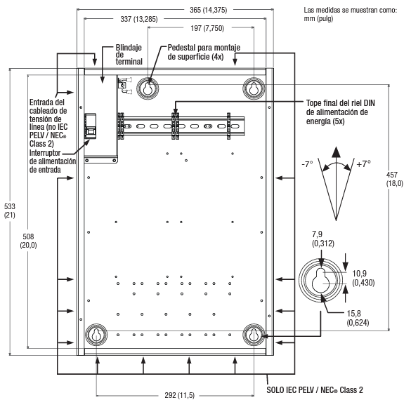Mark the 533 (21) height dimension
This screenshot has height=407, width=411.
pos(10,211)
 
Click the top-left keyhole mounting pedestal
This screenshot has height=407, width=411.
pos(148,88)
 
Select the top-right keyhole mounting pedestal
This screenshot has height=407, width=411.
pos(254,88)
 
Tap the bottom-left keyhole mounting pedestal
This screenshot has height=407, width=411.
pos(96,334)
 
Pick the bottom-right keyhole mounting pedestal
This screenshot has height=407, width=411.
pos(254,334)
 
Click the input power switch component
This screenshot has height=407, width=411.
pos(90,126)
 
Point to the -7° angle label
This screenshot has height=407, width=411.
pos(307,164)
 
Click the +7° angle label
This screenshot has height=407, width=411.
pos(363,164)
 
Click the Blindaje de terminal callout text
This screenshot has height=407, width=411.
pos(129,55)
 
